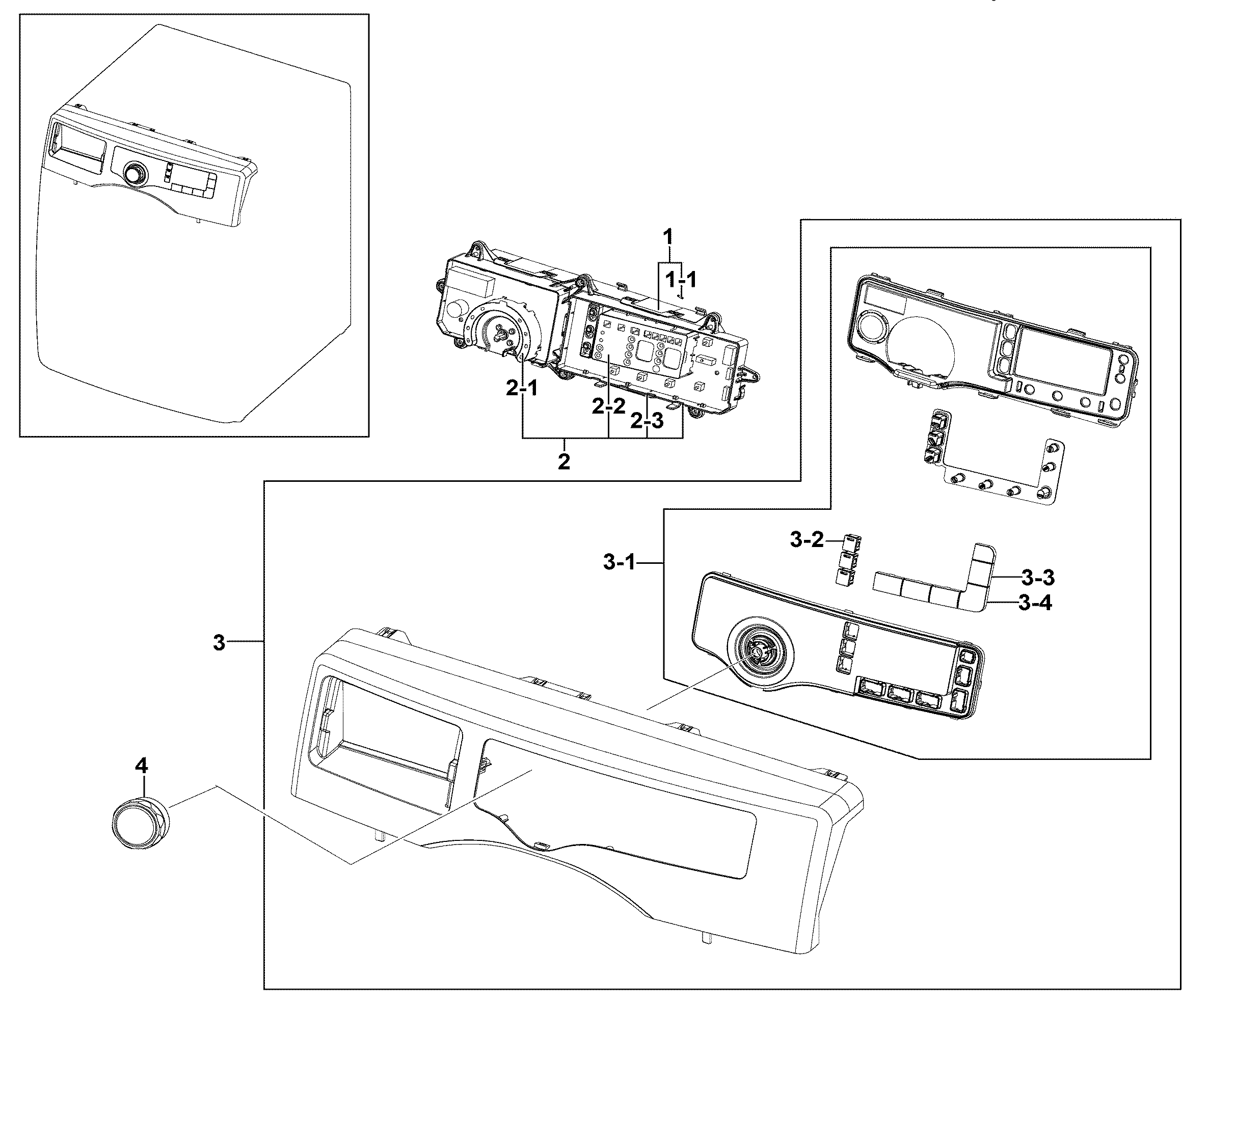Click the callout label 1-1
[681, 280]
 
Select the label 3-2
[807, 540]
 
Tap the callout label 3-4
[1035, 603]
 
